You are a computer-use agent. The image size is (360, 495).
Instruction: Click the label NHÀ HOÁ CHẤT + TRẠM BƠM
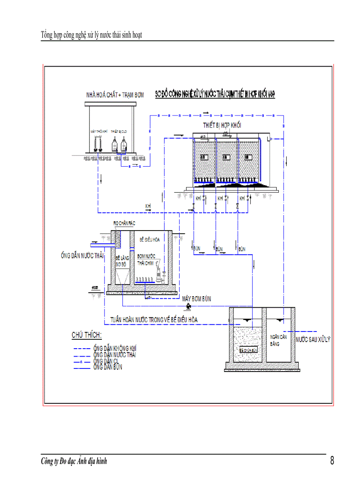point(115,95)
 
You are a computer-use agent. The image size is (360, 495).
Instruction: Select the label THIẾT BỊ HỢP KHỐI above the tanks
point(222,126)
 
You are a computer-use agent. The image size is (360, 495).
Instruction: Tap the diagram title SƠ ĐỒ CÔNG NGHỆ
point(215,94)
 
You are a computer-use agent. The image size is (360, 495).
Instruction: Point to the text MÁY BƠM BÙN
point(196,299)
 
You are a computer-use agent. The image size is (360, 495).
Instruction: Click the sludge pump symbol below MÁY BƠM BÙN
point(188,306)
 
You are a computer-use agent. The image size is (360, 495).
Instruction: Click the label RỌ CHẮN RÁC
point(124,223)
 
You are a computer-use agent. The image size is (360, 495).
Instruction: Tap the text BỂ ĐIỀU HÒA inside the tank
point(150,239)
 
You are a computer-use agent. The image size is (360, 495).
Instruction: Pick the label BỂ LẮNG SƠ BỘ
point(121,261)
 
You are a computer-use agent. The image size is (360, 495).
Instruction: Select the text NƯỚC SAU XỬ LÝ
point(313,339)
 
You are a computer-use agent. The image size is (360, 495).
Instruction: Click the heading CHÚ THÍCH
point(86,335)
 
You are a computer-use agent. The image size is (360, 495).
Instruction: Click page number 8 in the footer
point(332,461)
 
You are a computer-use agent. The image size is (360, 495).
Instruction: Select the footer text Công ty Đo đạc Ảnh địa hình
point(74,462)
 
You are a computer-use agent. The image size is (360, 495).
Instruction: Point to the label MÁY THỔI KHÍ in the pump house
point(99,131)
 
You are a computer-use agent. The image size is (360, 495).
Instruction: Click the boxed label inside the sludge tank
point(248,349)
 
